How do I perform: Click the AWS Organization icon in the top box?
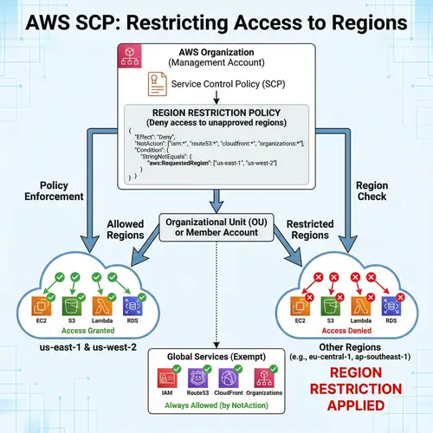[x=130, y=62]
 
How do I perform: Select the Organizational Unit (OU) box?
[x=216, y=227]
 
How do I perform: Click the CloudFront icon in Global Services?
[x=231, y=378]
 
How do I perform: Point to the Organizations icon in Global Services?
[x=266, y=378]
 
